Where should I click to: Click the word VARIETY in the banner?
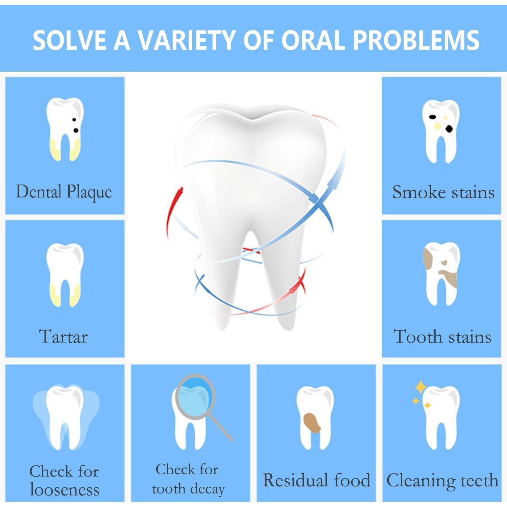pos(187,40)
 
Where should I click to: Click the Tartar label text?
pos(64,337)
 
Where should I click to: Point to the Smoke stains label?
pos(443,192)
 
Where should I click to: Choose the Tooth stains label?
pos(442,337)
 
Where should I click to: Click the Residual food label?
pos(317,480)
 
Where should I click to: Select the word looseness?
pos(65,489)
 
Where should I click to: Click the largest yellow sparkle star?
pos(420,387)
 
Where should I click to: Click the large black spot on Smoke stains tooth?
pos(449,128)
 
